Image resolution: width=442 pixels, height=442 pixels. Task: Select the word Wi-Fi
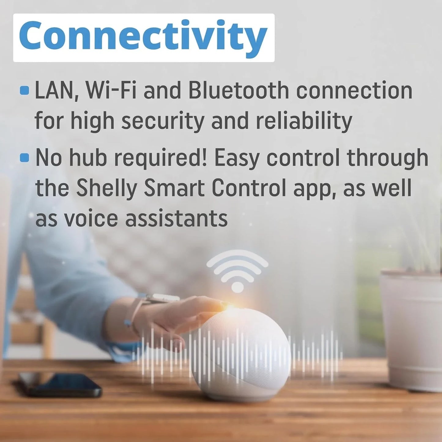pyautogui.click(x=111, y=91)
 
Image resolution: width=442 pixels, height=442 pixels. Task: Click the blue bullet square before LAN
pyautogui.click(x=24, y=91)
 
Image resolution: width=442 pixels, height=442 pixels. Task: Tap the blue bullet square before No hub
pyautogui.click(x=24, y=158)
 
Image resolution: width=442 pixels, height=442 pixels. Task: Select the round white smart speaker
pyautogui.click(x=241, y=355)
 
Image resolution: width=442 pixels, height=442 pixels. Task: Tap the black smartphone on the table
pyautogui.click(x=60, y=385)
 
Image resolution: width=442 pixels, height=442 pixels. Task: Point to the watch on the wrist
pyautogui.click(x=159, y=298)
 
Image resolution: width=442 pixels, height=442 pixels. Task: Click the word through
pyautogui.click(x=388, y=158)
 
